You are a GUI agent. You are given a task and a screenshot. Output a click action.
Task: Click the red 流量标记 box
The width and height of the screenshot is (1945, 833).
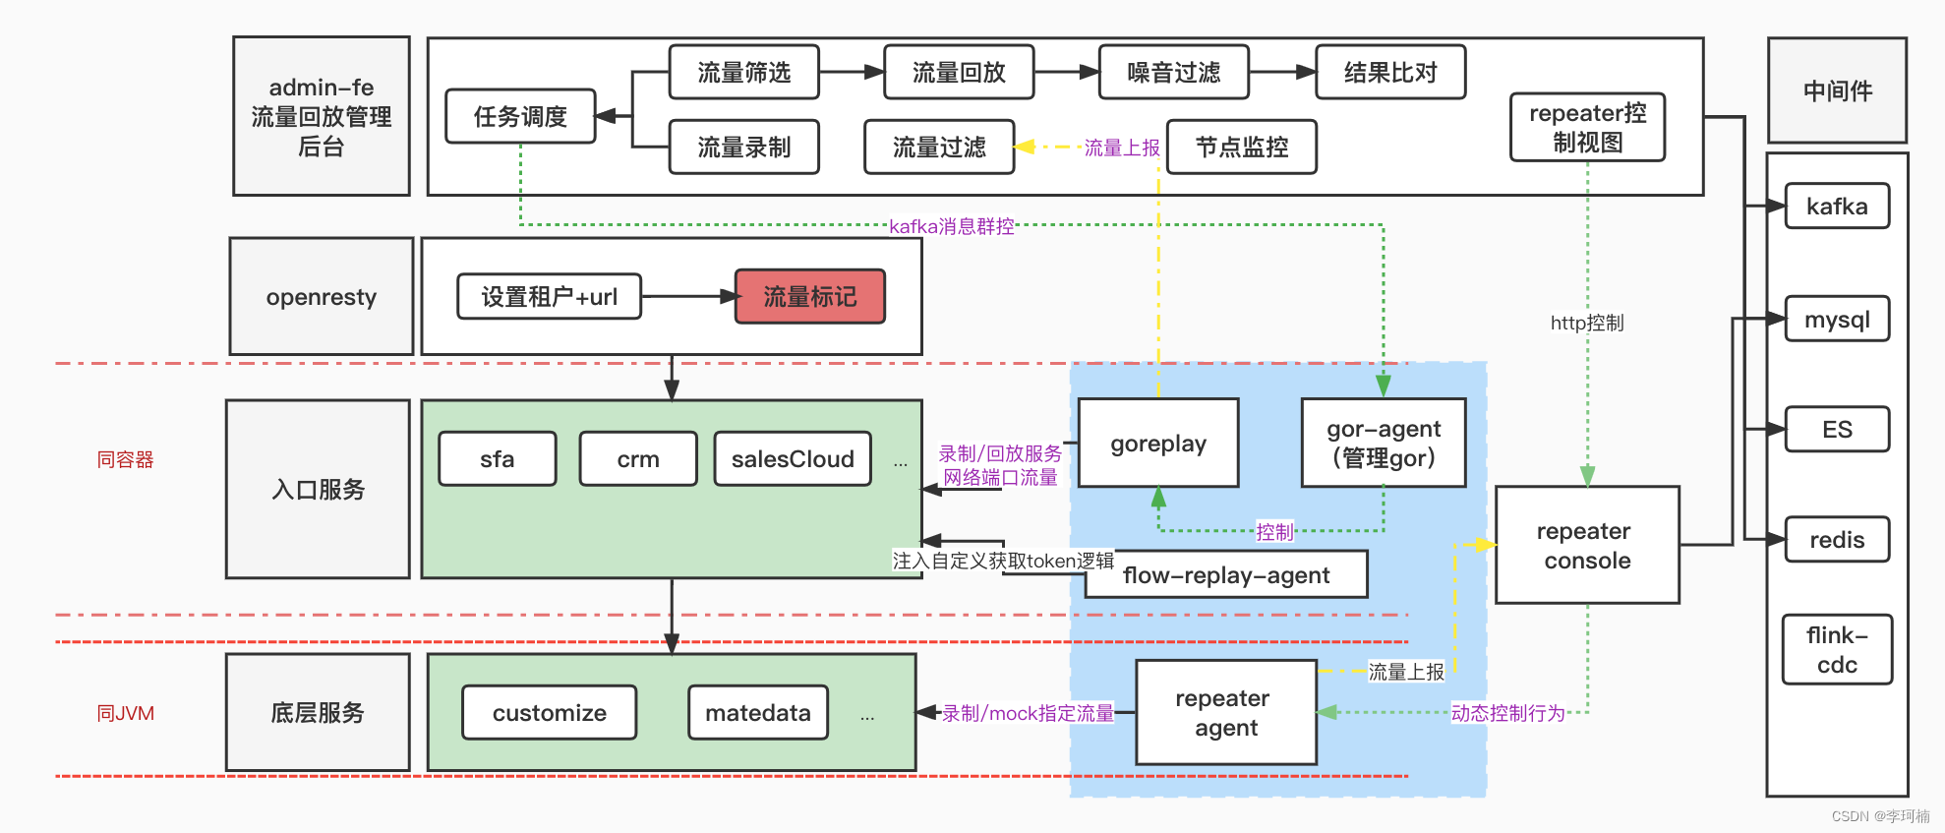point(809,297)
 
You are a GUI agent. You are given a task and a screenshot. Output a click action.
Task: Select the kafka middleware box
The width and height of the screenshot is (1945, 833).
point(1836,207)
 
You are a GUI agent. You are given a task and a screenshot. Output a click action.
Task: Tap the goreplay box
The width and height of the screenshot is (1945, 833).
point(1157,444)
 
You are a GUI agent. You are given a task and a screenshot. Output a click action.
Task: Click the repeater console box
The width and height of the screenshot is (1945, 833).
point(1586,545)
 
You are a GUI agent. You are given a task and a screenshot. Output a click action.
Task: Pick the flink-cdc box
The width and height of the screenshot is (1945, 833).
point(1836,650)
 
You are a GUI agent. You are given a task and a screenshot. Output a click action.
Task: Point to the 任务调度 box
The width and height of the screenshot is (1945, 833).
point(520,117)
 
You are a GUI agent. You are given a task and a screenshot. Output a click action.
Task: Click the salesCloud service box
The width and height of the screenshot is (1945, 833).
point(793,459)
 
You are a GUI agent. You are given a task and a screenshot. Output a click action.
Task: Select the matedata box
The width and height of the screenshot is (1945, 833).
point(757,713)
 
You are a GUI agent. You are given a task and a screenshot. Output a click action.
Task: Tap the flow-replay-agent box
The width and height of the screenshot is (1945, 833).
point(1226,575)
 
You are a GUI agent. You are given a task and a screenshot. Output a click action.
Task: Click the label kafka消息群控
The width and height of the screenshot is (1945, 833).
point(951,226)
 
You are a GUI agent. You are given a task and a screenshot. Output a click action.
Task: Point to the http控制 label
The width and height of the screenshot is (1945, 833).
point(1586,323)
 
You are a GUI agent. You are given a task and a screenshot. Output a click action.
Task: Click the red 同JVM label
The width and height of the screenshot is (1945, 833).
point(125,713)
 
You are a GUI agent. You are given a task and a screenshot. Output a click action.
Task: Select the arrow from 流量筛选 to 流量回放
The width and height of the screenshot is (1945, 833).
point(851,72)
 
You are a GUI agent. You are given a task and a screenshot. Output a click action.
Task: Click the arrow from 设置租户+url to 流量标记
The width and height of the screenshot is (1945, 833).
point(688,296)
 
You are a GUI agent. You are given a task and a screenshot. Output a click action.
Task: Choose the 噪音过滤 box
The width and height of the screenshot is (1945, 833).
point(1173,73)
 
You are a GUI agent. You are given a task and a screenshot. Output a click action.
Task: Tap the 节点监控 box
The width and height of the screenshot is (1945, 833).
point(1241,148)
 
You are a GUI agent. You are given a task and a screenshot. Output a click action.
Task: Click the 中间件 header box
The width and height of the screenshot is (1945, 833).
point(1836,91)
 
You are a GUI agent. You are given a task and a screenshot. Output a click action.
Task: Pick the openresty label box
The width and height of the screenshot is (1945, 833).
point(321,297)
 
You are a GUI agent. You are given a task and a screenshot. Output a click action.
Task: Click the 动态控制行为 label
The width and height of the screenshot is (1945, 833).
point(1507,713)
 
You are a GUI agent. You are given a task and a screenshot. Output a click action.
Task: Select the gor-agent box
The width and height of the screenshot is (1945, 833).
point(1383,444)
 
